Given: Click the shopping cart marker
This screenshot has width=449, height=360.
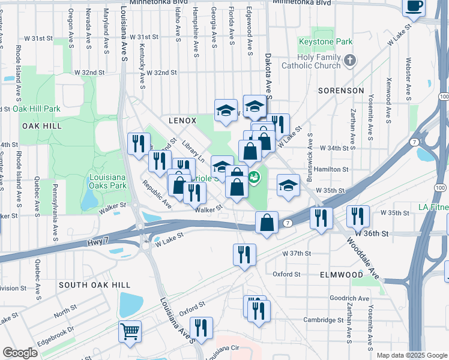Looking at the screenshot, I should point(130,331).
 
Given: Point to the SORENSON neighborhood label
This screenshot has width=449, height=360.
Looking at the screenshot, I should point(341,91).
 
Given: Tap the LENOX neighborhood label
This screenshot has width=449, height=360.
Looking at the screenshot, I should point(182,120).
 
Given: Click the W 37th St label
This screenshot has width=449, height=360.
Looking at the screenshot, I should point(297,253).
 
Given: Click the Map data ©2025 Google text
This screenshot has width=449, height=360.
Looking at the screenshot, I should point(411,355).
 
